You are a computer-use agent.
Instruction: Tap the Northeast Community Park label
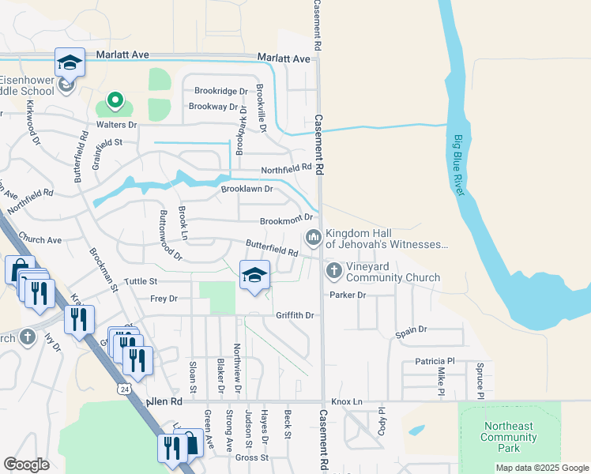pos(509,437)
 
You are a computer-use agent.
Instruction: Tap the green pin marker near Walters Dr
pos(115,100)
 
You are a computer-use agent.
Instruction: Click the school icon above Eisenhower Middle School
pos(70,62)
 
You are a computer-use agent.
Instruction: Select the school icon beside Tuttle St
pos(254,275)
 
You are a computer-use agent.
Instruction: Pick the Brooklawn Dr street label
pos(247,189)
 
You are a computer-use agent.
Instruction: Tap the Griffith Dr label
pos(295,315)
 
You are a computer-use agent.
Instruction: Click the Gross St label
pos(252,457)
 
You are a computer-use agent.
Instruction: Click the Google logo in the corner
pos(26,465)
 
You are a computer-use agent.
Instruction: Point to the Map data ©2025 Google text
pos(541,468)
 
